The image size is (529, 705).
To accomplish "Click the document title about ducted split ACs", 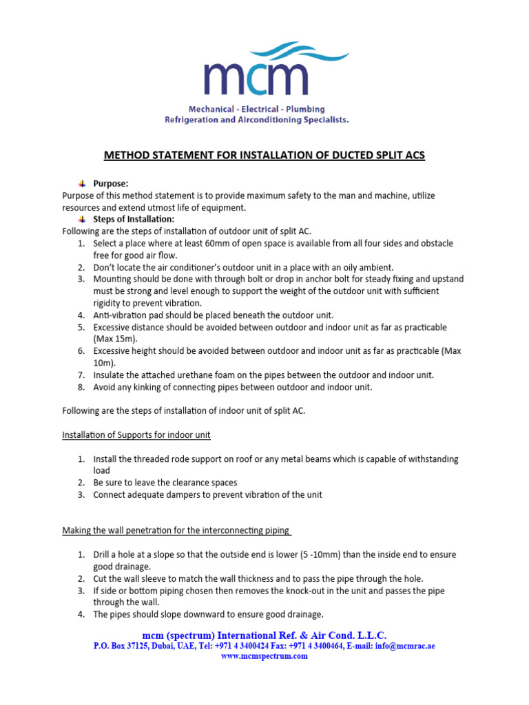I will point(264,156).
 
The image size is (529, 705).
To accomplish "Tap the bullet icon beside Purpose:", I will point(81,184).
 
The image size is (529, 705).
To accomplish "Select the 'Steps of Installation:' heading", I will point(134,219).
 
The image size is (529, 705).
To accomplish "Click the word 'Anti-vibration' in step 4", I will point(118,315).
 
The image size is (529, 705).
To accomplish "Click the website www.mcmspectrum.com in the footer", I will point(264,656).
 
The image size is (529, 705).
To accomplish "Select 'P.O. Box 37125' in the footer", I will point(122,646).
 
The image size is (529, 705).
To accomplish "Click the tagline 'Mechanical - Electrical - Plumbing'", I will point(257,109).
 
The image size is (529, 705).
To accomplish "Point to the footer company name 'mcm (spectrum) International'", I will point(207,635).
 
